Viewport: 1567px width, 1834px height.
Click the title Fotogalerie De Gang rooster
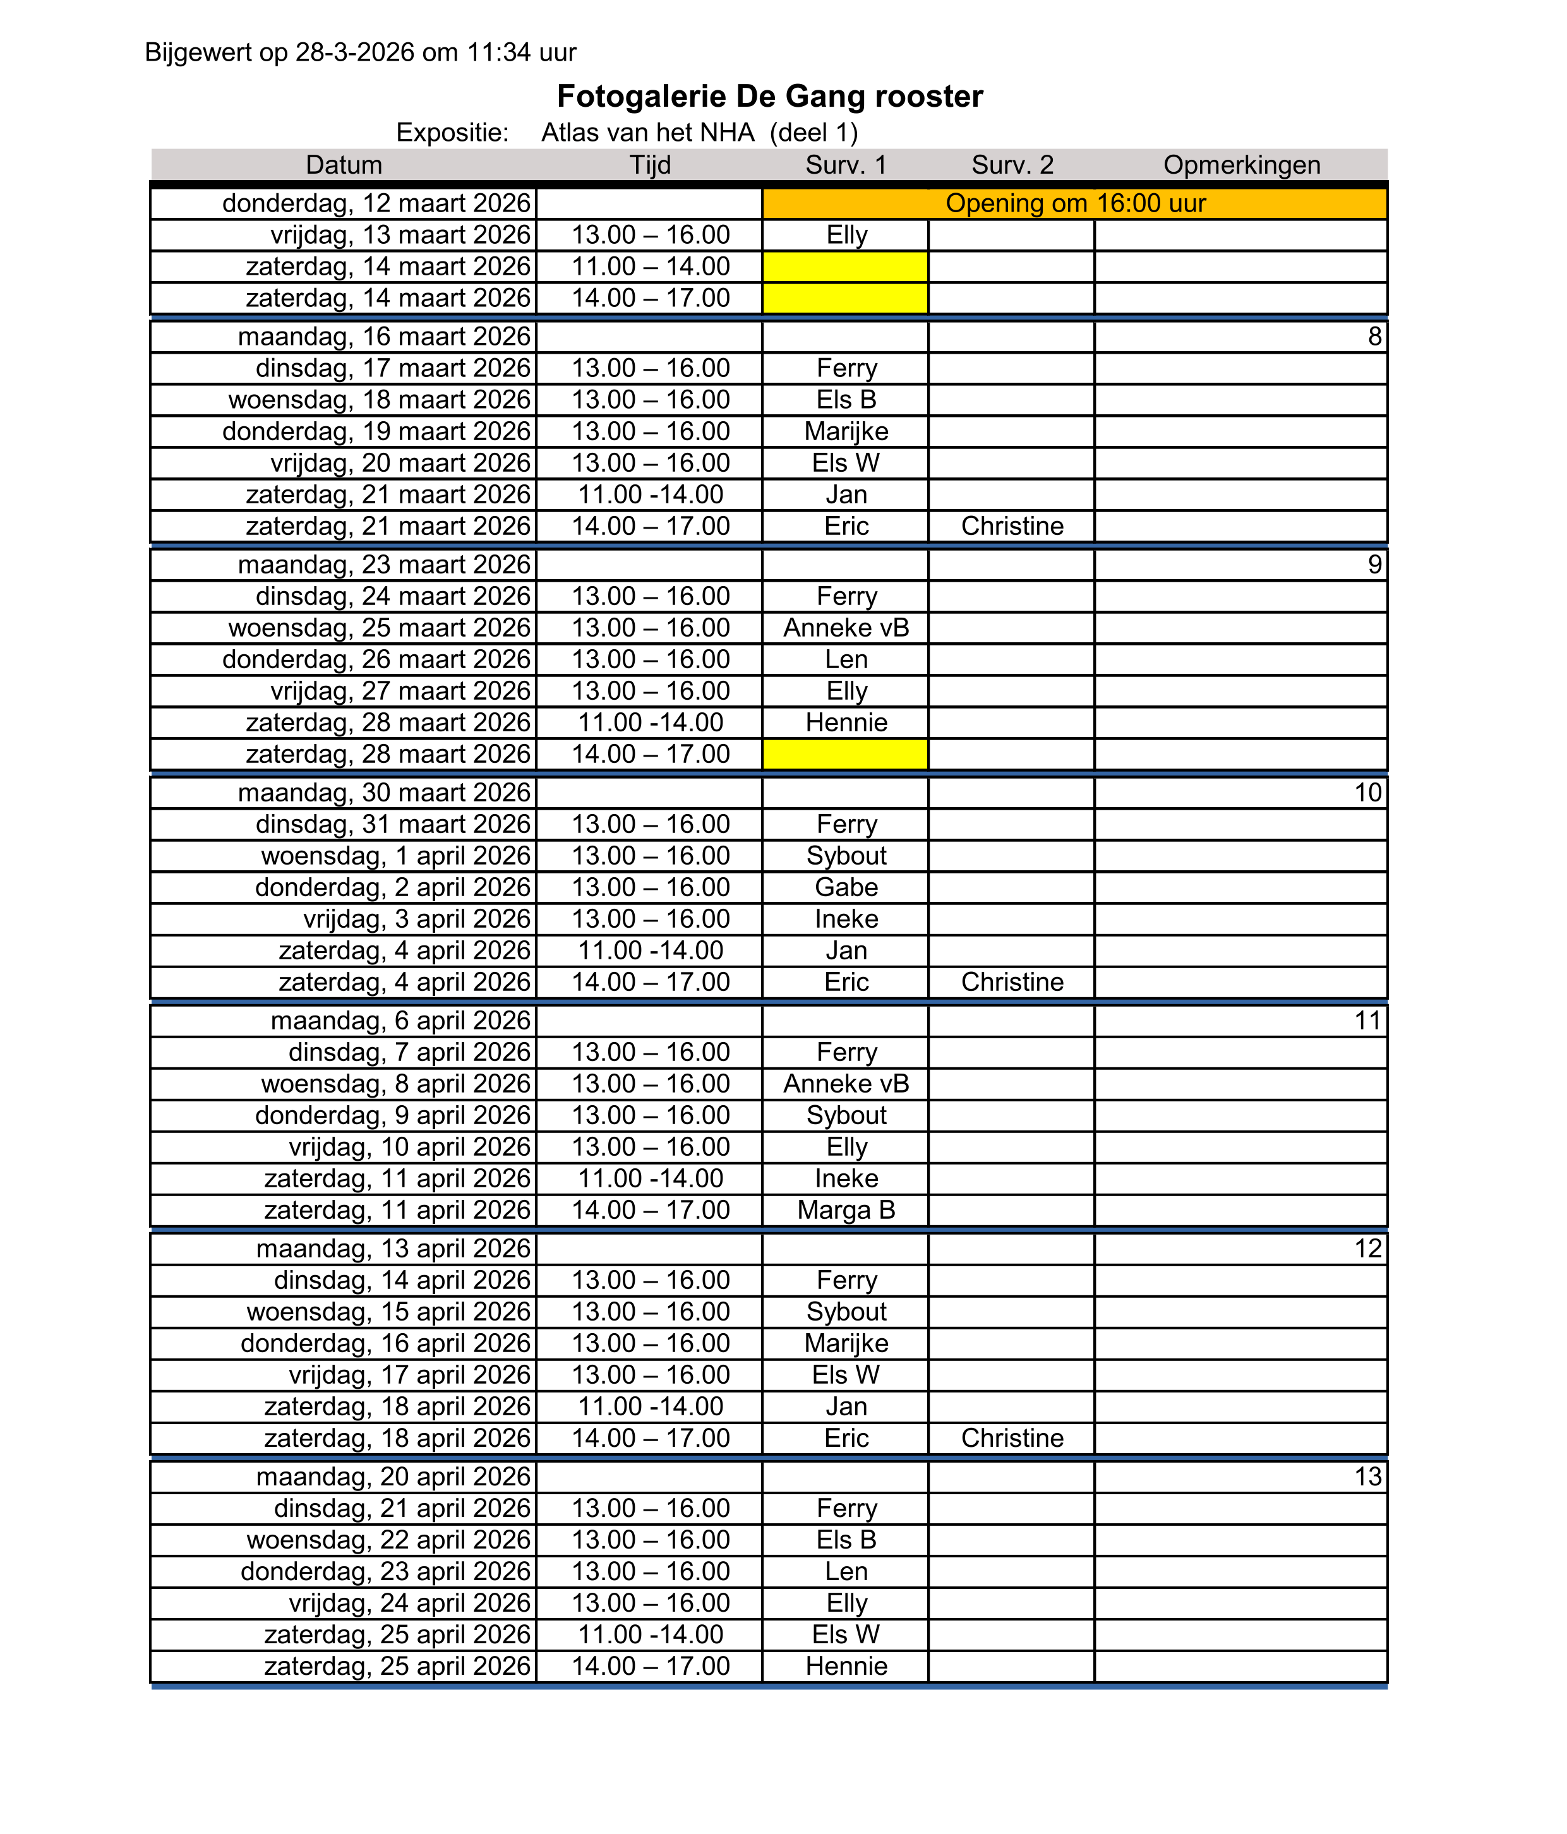click(769, 97)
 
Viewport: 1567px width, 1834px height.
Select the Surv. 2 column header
click(1012, 165)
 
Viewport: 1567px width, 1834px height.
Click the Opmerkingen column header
click(1241, 165)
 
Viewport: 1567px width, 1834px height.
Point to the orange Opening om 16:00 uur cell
click(1075, 203)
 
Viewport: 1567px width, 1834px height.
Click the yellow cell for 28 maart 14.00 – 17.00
click(846, 754)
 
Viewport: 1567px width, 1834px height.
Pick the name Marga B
click(846, 1210)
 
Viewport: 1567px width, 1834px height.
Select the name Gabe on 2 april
click(846, 887)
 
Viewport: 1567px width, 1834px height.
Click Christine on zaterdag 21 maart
click(1012, 526)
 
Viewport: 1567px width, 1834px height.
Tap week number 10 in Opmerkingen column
click(1368, 792)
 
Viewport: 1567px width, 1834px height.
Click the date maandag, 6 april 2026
click(400, 1021)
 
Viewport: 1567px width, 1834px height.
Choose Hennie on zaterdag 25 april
click(846, 1666)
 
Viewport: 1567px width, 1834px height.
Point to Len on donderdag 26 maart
click(846, 659)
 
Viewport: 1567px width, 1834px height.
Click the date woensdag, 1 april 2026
click(396, 856)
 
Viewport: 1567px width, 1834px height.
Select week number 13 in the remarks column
click(1368, 1477)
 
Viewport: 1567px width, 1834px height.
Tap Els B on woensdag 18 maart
click(846, 399)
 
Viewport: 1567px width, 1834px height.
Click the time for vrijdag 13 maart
click(651, 234)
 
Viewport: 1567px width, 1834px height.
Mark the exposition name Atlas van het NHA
click(648, 133)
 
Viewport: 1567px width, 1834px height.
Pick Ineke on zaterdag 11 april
click(846, 1178)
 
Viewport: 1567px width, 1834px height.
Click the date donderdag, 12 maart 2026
click(376, 203)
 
